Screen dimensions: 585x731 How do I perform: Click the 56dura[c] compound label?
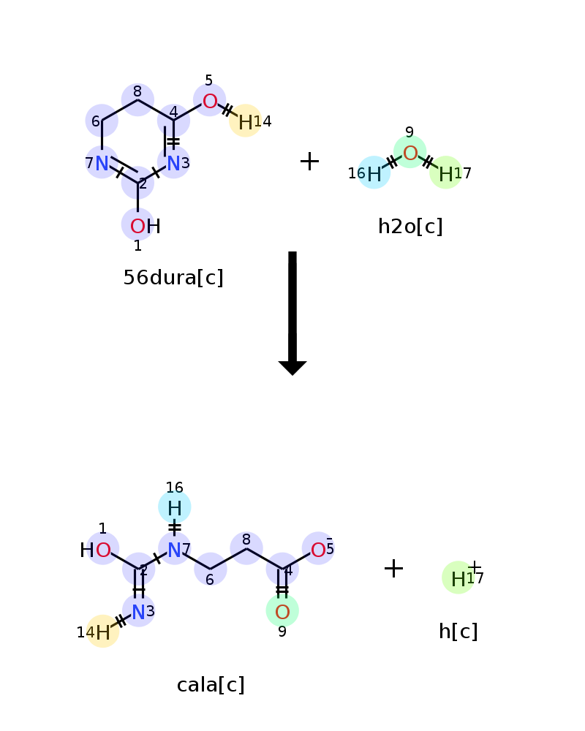pos(173,278)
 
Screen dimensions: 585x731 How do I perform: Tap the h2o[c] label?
pos(410,227)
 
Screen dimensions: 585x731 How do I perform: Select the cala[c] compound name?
pos(211,685)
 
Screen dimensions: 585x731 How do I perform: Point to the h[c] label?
pos(458,632)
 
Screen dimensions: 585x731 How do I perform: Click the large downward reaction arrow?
pos(292,314)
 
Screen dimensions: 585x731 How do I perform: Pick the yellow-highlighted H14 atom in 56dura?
pos(246,122)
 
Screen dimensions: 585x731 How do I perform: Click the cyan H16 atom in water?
pos(374,173)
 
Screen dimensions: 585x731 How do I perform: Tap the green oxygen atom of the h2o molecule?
pos(410,153)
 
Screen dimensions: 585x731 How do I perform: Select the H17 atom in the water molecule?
pos(446,174)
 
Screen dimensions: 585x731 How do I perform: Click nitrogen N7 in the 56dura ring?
pos(102,163)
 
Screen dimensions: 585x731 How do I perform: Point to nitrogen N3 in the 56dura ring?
pos(173,163)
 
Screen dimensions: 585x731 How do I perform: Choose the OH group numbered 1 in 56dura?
pos(145,227)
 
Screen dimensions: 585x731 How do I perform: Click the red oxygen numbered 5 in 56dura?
pos(209,101)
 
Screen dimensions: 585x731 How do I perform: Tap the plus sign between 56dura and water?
pos(309,162)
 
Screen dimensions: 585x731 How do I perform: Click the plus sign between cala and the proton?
pos(393,568)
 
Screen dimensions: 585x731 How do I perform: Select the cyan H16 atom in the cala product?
pos(175,508)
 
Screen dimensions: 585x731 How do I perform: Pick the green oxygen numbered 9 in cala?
pos(282,612)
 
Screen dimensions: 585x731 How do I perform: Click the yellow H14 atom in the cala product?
pos(102,632)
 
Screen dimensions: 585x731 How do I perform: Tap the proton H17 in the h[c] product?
pos(458,578)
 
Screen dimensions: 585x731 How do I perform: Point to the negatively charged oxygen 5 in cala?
pos(318,549)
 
